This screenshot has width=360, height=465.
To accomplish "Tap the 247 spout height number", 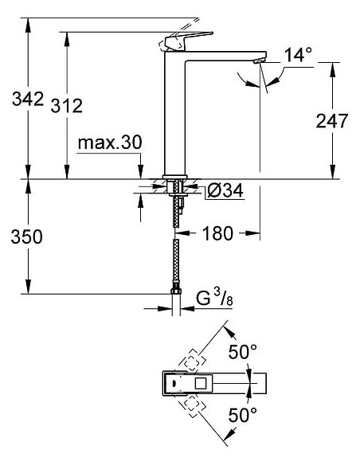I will pyautogui.click(x=332, y=121).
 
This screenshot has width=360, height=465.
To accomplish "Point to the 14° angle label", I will pyautogui.click(x=298, y=55).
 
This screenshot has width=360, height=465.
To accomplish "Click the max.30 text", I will pyautogui.click(x=109, y=143).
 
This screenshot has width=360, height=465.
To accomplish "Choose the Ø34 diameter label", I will pyautogui.click(x=222, y=191).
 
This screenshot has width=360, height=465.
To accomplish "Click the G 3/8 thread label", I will pyautogui.click(x=213, y=298).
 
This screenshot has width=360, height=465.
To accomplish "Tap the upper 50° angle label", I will pyautogui.click(x=243, y=351).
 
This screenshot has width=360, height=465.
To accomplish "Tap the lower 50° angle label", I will pyautogui.click(x=243, y=414).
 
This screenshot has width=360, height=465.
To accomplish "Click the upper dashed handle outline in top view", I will pyautogui.click(x=191, y=363).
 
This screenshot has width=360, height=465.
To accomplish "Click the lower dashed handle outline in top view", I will pyautogui.click(x=191, y=404).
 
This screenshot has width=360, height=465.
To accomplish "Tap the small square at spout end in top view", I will pyautogui.click(x=256, y=383).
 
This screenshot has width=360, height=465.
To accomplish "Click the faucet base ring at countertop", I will pyautogui.click(x=174, y=176).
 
